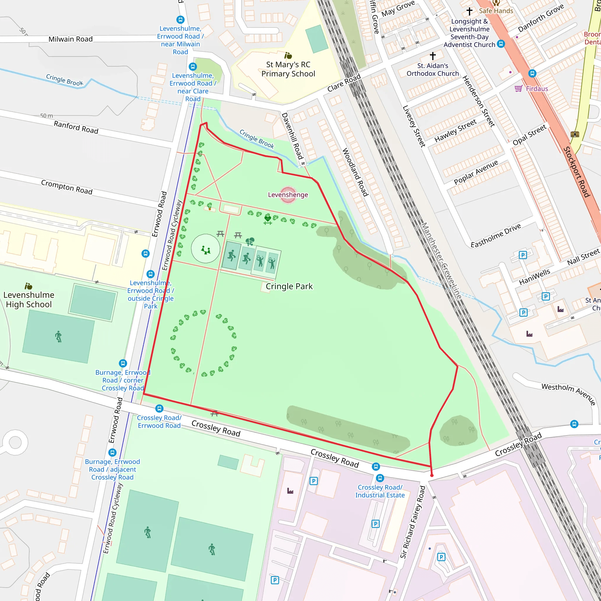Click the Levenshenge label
click(288, 195)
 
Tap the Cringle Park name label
click(289, 286)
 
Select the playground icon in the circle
click(205, 250)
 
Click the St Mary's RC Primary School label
click(288, 69)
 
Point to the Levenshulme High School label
click(29, 299)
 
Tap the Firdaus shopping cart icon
click(518, 89)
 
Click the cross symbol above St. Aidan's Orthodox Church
click(433, 56)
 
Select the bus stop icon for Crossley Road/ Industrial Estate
click(380, 478)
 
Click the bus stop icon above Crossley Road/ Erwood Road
click(159, 408)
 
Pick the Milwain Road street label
click(71, 39)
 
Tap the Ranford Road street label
click(76, 128)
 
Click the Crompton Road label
click(67, 187)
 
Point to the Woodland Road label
click(355, 172)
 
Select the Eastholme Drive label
click(496, 235)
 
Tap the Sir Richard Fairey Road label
click(413, 522)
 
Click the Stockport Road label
click(576, 172)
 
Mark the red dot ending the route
click(432, 475)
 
